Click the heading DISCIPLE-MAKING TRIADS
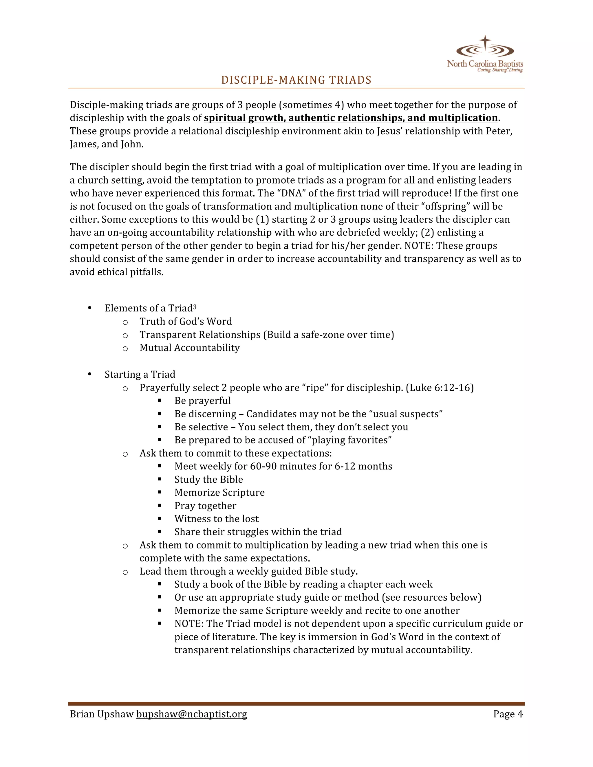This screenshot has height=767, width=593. (296, 80)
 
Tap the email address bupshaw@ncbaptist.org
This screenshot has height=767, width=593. (191, 714)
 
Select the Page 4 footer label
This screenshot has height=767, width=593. (508, 714)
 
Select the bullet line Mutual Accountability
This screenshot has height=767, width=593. (189, 348)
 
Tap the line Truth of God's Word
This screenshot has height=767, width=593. (186, 321)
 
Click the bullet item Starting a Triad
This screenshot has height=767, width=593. (140, 374)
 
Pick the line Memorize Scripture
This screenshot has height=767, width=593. (219, 492)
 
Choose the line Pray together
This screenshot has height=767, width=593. (205, 506)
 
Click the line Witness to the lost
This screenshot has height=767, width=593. (216, 519)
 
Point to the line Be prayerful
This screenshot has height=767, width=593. (202, 401)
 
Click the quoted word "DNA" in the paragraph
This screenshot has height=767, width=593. (288, 193)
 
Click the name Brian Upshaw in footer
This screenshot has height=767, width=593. (102, 714)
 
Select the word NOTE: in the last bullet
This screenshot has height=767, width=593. (189, 624)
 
